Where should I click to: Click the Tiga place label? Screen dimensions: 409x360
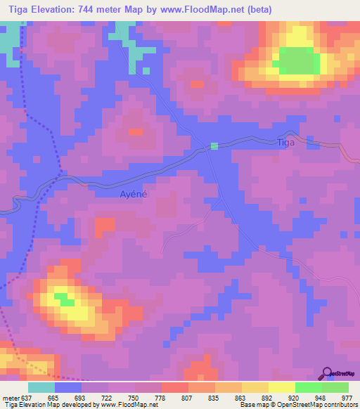285,143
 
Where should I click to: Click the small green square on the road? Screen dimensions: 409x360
214,145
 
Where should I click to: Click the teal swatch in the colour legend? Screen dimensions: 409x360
41,387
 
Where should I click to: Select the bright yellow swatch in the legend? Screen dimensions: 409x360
281,387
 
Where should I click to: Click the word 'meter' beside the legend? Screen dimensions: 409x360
10,398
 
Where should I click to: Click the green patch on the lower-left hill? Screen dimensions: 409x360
66,299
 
